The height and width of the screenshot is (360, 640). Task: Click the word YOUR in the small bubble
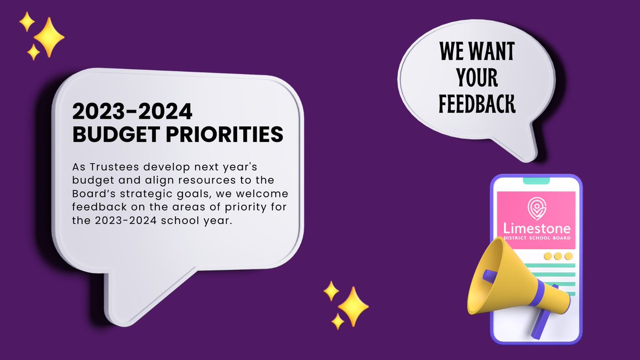476,78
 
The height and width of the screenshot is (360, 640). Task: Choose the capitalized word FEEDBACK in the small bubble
477,104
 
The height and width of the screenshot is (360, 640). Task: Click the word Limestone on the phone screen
536,228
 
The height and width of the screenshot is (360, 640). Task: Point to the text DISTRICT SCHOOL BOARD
536,238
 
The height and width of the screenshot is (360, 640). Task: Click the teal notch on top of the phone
536,181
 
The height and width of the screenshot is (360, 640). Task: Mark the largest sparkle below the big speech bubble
352,306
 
